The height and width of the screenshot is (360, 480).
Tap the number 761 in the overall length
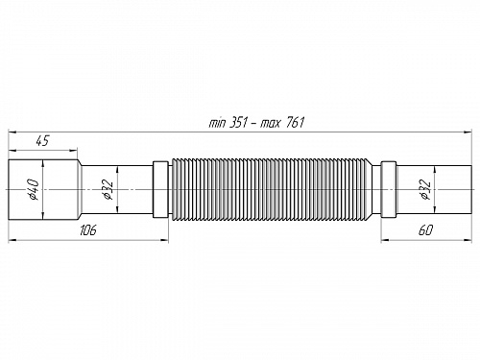(x=282, y=124)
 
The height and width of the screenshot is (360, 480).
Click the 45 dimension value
(x=42, y=140)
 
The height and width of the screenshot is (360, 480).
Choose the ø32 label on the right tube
(x=423, y=190)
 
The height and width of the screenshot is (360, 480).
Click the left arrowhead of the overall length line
(x=12, y=131)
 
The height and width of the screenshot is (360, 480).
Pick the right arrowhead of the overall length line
(x=468, y=131)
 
